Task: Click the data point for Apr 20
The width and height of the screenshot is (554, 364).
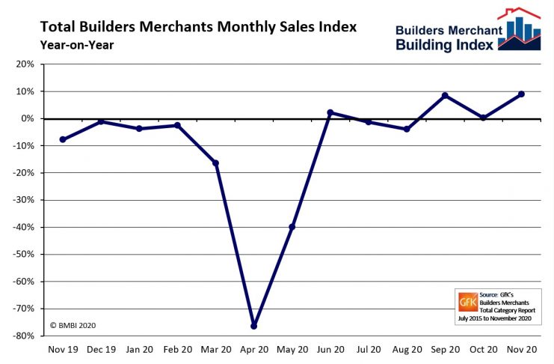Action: [254, 326]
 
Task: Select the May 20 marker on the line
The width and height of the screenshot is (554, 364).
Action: [292, 227]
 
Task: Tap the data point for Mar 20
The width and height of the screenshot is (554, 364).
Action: [216, 163]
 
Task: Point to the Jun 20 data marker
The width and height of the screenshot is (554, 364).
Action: [330, 113]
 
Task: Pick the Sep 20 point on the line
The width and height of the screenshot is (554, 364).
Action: [445, 96]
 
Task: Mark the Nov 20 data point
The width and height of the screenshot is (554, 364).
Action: [521, 94]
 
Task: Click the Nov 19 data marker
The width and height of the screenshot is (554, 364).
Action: [63, 139]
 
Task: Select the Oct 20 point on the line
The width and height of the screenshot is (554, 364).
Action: [483, 118]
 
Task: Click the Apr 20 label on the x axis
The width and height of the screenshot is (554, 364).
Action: [253, 350]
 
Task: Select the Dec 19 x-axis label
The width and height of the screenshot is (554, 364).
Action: [101, 350]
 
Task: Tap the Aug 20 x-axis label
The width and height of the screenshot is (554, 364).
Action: [407, 350]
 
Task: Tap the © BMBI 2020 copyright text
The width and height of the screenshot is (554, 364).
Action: [73, 326]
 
